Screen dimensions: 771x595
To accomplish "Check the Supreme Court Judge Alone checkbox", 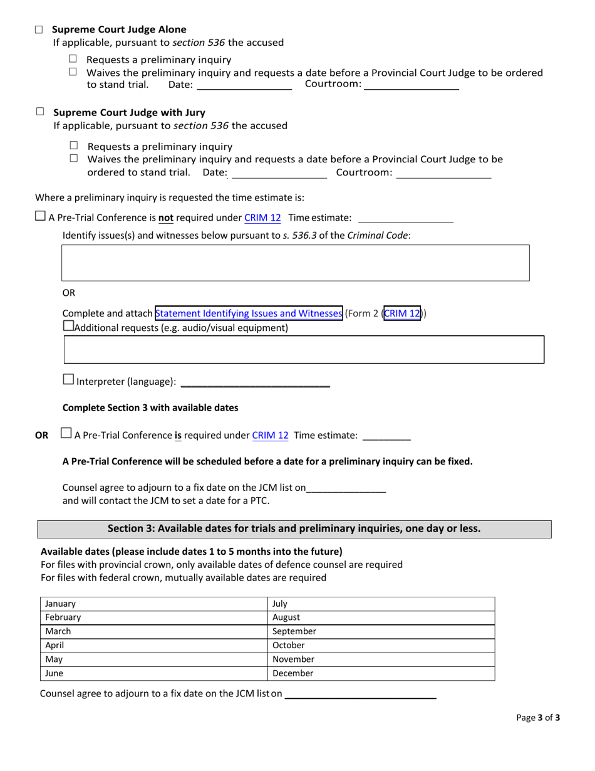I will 39,30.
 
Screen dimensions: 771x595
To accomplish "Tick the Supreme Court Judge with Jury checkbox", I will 40,112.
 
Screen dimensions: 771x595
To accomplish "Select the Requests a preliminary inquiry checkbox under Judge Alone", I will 73,60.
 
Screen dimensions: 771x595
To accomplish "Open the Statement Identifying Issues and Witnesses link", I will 249,313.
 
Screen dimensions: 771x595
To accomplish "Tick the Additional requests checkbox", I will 68,327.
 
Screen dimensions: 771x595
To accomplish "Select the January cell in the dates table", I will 153,604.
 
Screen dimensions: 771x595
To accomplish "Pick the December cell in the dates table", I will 381,674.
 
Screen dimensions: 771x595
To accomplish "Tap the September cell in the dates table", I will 381,631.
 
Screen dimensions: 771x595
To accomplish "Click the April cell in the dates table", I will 153,645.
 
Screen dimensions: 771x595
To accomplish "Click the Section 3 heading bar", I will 294,528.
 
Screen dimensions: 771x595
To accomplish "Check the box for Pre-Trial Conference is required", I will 66,434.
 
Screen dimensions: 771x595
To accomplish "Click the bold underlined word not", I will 165,218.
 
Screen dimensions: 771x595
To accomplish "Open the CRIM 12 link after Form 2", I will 401,313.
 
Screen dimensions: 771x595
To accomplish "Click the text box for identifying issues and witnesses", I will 295,263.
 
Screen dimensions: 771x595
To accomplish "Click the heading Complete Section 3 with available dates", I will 150,407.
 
